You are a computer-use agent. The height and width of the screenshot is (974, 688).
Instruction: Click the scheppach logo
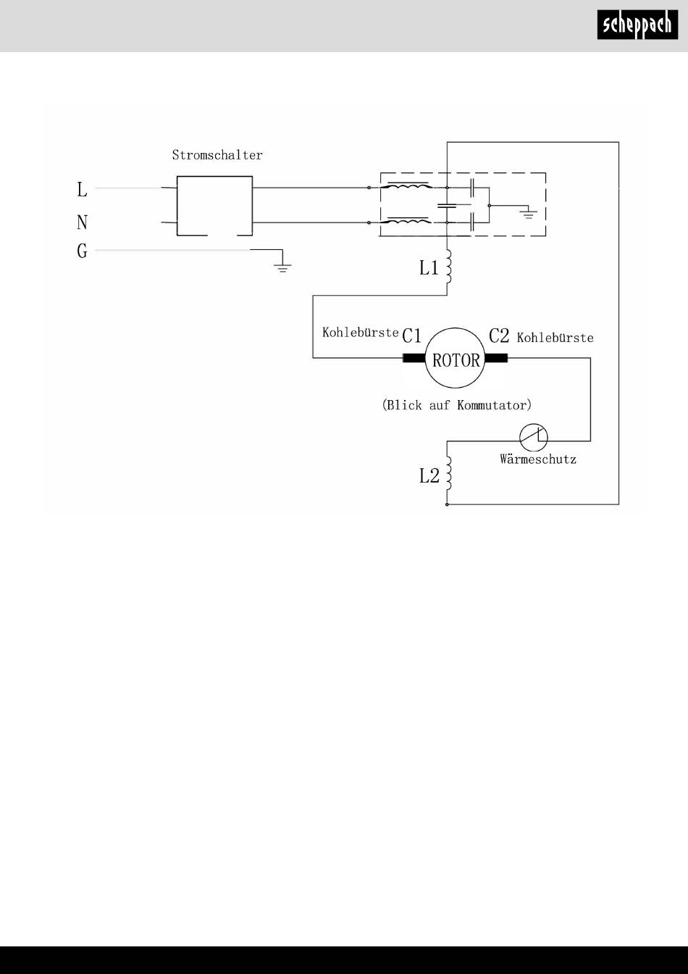(x=637, y=25)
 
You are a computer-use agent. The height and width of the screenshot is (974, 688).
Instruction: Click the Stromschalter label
(x=217, y=155)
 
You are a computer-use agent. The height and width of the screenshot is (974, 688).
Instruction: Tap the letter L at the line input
(x=82, y=189)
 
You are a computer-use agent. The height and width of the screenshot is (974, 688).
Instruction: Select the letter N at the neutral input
(x=82, y=222)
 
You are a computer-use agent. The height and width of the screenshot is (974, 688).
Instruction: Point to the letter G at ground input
(x=82, y=251)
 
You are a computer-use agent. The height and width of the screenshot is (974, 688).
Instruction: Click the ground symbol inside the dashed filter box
(x=529, y=214)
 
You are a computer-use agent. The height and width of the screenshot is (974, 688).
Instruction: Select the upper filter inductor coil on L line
(x=408, y=186)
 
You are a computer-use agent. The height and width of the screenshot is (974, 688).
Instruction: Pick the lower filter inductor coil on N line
(x=408, y=220)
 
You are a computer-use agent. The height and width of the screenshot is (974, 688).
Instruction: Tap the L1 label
(x=429, y=268)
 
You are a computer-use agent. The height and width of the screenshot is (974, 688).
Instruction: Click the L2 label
(x=429, y=476)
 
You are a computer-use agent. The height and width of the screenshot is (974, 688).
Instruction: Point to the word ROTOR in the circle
(x=456, y=360)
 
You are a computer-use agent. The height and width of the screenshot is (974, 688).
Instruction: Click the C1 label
(x=412, y=336)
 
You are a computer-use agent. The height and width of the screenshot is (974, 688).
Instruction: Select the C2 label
(x=499, y=336)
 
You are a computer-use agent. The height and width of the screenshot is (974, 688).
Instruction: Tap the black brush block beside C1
(x=414, y=358)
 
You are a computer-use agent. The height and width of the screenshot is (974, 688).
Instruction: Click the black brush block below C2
(x=496, y=358)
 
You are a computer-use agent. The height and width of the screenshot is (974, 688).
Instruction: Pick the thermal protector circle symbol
(x=534, y=437)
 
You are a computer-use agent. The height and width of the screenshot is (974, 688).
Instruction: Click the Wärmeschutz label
(x=538, y=459)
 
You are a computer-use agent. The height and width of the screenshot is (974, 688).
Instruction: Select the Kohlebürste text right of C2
(x=555, y=338)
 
